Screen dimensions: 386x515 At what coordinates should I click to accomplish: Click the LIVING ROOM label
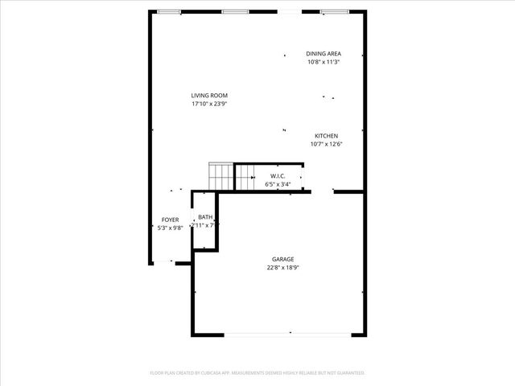point(209,95)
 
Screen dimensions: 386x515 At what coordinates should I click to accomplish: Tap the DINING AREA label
point(323,54)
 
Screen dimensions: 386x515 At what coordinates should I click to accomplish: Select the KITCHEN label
point(325,136)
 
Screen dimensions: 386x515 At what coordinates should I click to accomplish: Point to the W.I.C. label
point(278,176)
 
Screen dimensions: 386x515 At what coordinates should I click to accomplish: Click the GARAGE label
point(282,259)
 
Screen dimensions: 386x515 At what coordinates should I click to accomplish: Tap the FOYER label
point(170,220)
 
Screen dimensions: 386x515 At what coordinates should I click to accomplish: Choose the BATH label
point(205,217)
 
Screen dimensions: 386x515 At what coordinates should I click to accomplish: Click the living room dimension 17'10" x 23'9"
point(209,104)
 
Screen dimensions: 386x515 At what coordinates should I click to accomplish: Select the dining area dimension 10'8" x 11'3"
point(323,62)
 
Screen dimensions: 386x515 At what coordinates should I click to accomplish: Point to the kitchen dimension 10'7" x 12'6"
point(325,145)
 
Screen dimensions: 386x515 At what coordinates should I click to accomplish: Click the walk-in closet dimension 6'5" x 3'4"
point(278,185)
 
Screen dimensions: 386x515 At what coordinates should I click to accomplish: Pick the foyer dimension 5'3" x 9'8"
point(170,228)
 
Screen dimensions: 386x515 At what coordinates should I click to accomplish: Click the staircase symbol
point(220,176)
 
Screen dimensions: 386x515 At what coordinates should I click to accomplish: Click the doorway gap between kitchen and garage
point(323,192)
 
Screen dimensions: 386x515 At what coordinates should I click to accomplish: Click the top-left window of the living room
point(168,11)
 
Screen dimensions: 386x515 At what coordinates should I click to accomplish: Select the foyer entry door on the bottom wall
point(163,262)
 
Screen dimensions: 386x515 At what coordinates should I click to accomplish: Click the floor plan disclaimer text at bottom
point(257,373)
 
